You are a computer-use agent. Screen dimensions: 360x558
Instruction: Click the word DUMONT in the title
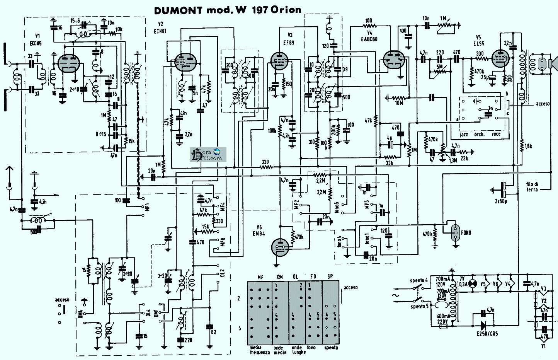tap(178, 10)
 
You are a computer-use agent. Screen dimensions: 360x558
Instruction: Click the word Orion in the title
tap(286, 10)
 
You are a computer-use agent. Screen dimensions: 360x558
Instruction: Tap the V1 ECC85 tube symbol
tap(68, 63)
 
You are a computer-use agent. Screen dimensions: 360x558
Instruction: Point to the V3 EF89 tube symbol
tap(279, 61)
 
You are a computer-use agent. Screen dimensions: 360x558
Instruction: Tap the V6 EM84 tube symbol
tap(280, 247)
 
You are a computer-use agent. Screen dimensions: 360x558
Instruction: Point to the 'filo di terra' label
tap(532, 187)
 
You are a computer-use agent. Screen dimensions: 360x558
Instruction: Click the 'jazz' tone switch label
tap(464, 134)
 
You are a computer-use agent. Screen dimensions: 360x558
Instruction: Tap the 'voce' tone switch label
tap(496, 134)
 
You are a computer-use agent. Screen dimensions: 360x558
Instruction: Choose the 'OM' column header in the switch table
tap(280, 277)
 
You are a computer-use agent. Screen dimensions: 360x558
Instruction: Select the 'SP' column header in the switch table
tap(330, 277)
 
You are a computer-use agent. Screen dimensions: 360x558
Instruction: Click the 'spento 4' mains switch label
tap(418, 281)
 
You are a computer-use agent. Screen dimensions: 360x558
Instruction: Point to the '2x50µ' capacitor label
tap(501, 201)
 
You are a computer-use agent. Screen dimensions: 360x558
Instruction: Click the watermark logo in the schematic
tap(208, 155)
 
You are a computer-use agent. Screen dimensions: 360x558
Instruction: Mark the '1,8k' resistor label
tap(529, 146)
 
